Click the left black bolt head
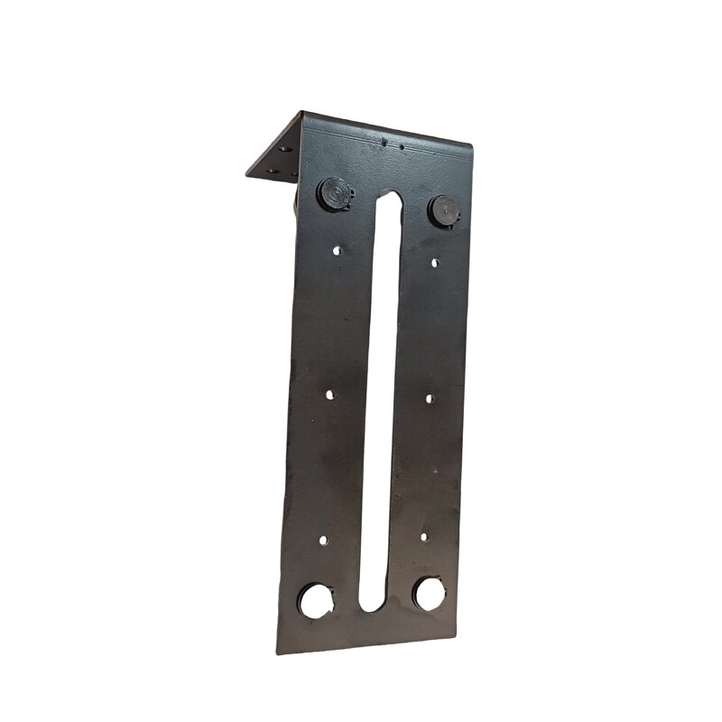(x=334, y=194)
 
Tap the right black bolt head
(x=444, y=210)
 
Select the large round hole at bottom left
(x=316, y=600)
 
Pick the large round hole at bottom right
(x=429, y=594)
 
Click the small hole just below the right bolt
(x=434, y=263)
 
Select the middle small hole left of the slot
(x=329, y=394)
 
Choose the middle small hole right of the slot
(x=429, y=398)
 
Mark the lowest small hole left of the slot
(x=323, y=541)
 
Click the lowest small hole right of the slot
(x=423, y=536)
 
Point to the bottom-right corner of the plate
(x=459, y=634)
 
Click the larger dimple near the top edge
(x=384, y=143)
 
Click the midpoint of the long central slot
(x=381, y=402)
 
